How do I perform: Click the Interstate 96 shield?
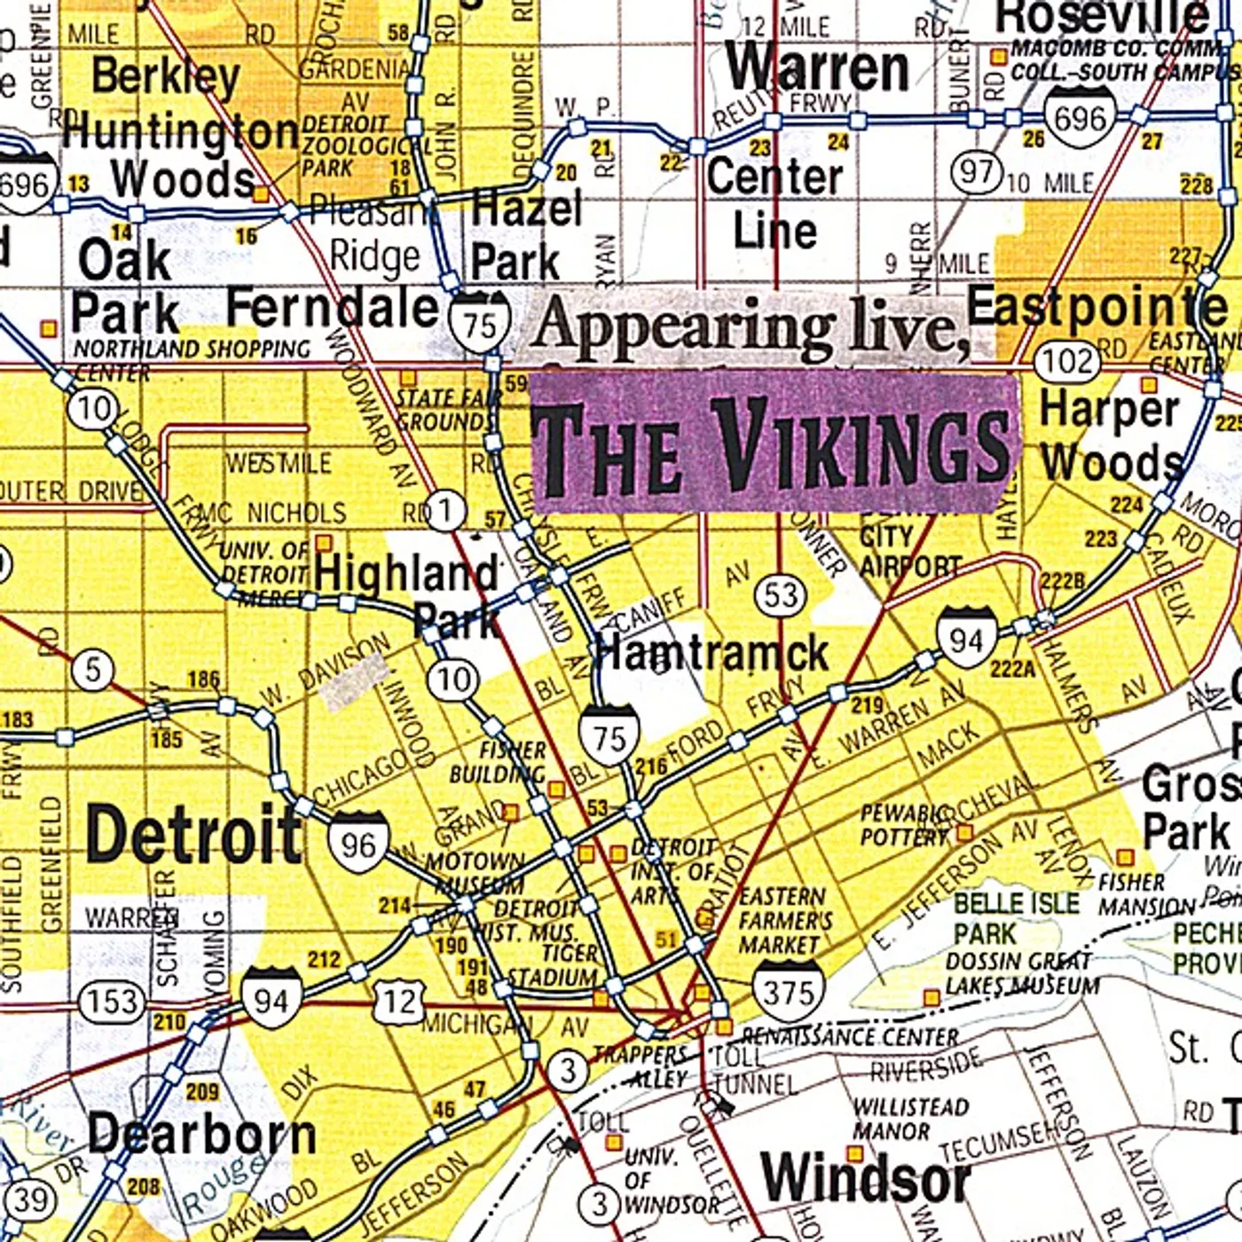point(358,843)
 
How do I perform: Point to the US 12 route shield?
point(399,1002)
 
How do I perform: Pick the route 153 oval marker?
point(113,1002)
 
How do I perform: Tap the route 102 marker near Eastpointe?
point(1067,361)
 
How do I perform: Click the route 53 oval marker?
point(782,594)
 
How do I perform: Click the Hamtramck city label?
point(710,654)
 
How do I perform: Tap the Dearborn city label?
point(202,1135)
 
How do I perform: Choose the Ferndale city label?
point(333,309)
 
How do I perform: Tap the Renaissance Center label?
point(850,1037)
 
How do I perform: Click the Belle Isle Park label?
point(1016,918)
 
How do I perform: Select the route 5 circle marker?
point(93,669)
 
